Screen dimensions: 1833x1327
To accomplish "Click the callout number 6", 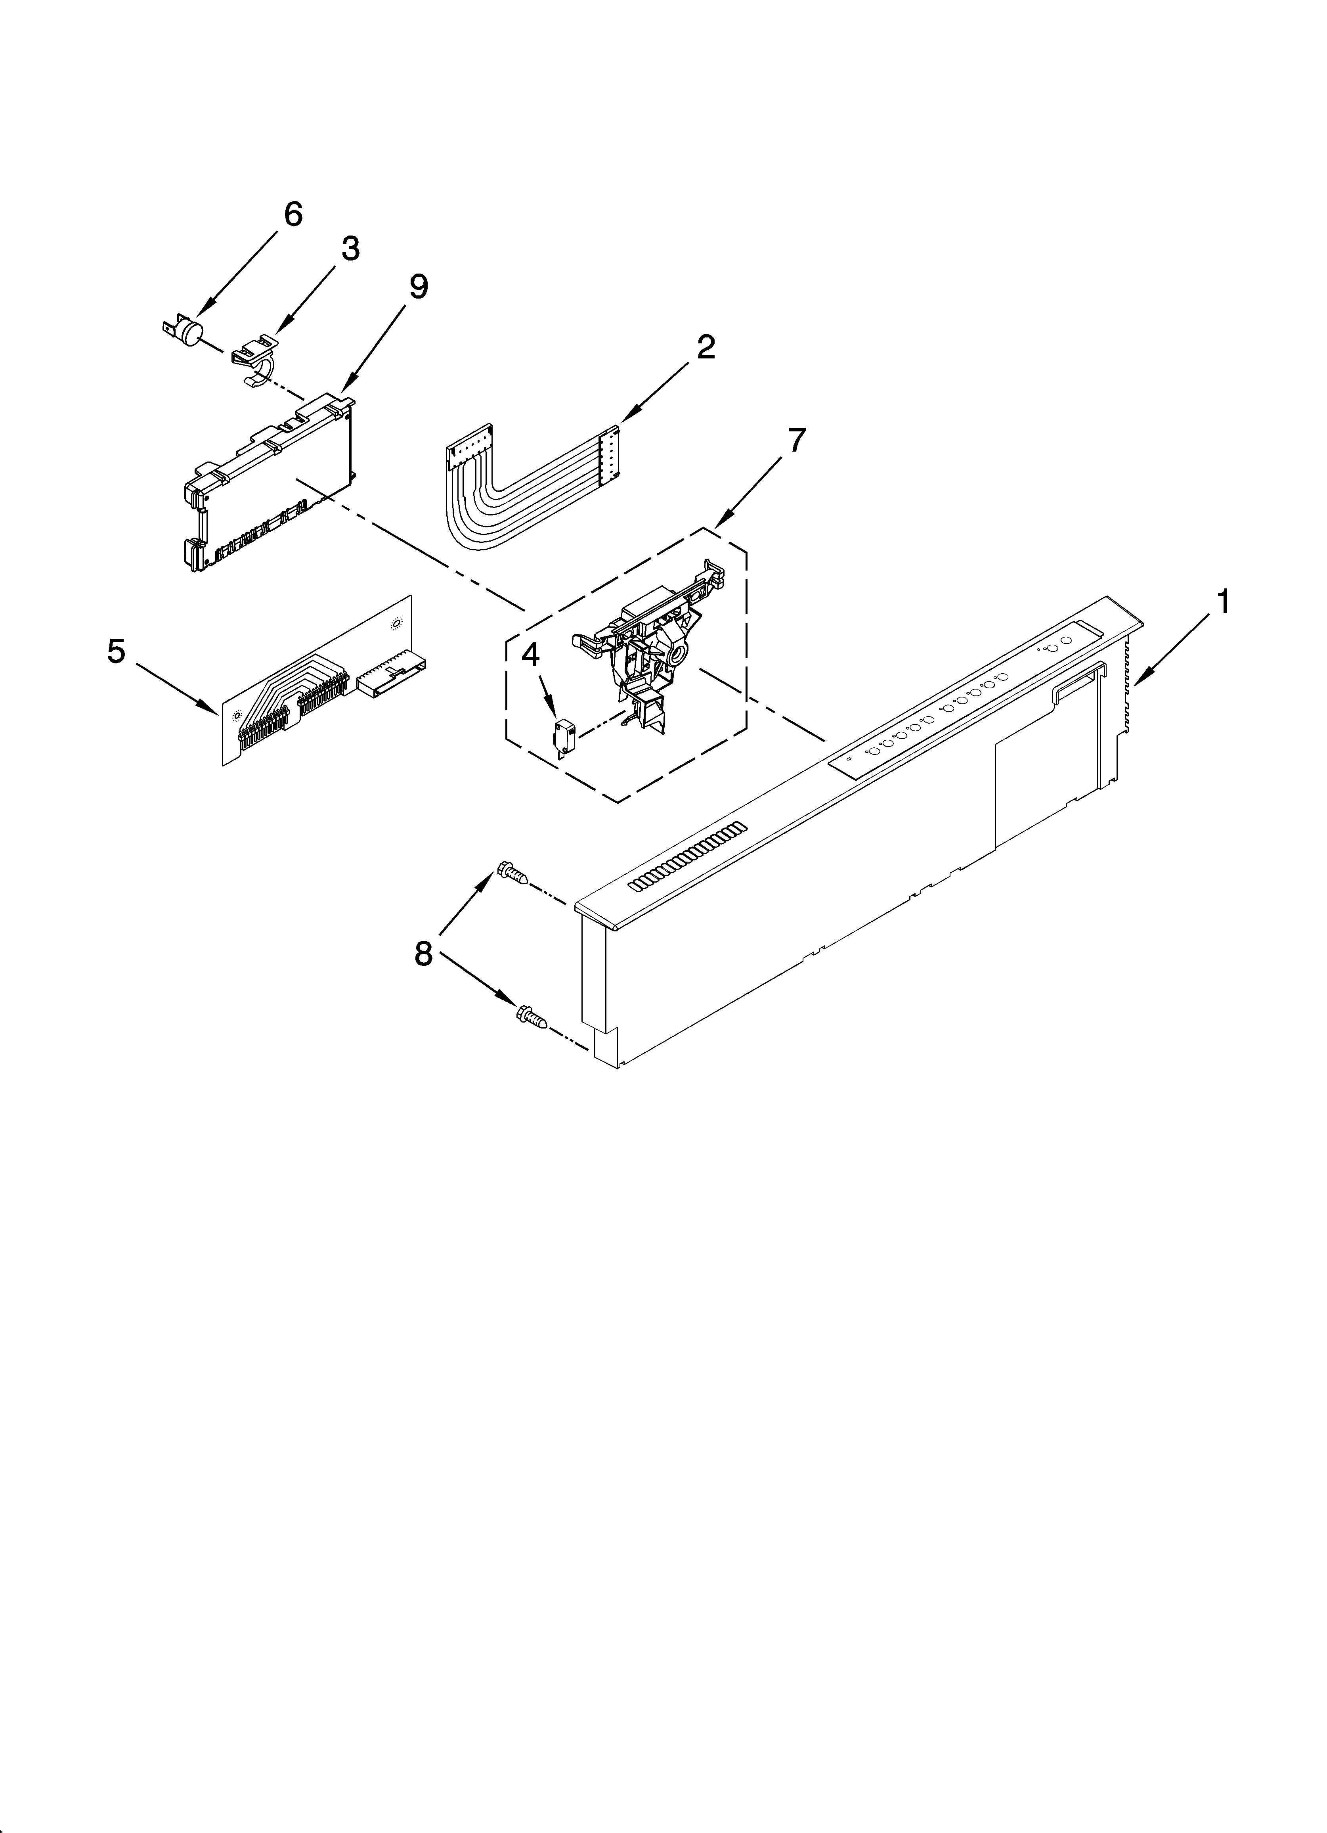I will pyautogui.click(x=293, y=214).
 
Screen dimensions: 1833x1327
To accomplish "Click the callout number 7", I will pyautogui.click(x=796, y=441).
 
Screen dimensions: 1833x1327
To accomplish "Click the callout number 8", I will pyautogui.click(x=423, y=954).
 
